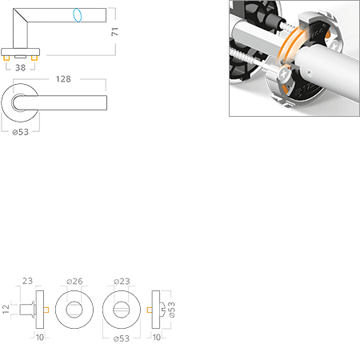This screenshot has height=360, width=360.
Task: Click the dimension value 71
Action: click(x=115, y=31)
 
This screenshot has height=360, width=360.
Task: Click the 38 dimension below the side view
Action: click(x=21, y=68)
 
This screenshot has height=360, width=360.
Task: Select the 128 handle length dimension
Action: click(x=63, y=79)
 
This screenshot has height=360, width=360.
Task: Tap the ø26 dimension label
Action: click(x=74, y=282)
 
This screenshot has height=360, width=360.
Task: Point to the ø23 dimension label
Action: click(x=122, y=282)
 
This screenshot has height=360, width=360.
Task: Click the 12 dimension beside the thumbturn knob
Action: click(x=6, y=309)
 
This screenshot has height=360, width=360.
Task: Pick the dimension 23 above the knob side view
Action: click(x=27, y=281)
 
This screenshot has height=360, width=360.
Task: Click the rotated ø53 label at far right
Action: click(x=172, y=310)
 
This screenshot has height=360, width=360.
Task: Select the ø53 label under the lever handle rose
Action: click(x=21, y=132)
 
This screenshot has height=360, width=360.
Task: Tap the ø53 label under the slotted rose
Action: click(x=122, y=338)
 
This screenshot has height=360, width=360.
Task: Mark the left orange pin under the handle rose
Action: click(x=6, y=58)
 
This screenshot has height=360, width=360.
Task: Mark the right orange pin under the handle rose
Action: click(x=34, y=58)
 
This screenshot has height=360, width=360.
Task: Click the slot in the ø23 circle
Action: click(x=122, y=310)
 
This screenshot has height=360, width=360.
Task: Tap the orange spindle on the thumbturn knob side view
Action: click(x=46, y=310)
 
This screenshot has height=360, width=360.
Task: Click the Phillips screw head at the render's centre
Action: click(x=284, y=74)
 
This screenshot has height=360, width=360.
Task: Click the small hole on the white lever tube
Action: click(x=309, y=72)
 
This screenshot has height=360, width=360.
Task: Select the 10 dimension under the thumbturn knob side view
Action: click(x=40, y=338)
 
